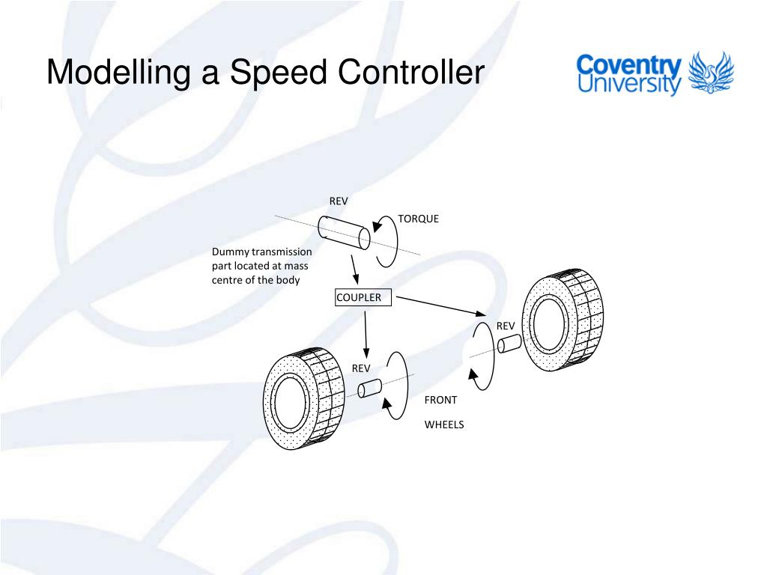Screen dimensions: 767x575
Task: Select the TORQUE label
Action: (x=418, y=219)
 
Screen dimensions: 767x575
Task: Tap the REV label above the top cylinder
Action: (x=339, y=201)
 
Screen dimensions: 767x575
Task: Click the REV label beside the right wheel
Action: (x=506, y=326)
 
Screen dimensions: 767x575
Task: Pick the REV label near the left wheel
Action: (x=362, y=368)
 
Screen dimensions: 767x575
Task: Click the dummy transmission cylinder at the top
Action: (x=343, y=232)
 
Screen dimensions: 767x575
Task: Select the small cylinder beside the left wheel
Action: (x=369, y=389)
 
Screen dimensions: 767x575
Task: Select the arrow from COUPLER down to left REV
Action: (x=366, y=332)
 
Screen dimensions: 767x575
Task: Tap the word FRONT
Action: (x=440, y=400)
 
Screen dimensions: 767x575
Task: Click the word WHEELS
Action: (x=444, y=425)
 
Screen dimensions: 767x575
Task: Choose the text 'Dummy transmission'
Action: (x=261, y=252)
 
